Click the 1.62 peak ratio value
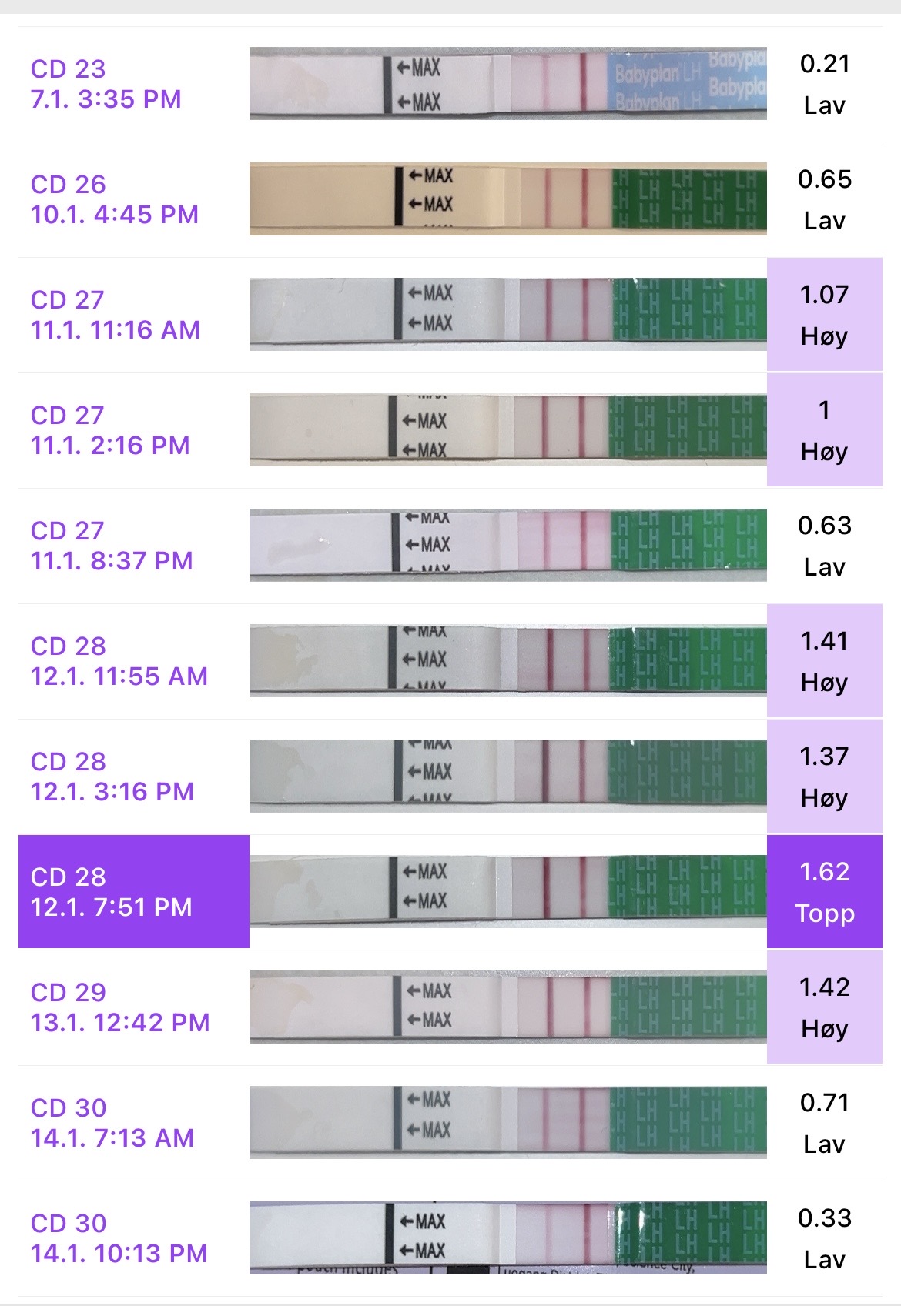(824, 871)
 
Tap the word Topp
(824, 913)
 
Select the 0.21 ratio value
(824, 63)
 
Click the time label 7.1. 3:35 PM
(106, 99)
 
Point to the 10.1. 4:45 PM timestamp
(114, 215)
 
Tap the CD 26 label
(68, 185)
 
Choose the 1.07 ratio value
(824, 294)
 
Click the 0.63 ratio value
(824, 525)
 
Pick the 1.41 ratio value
(824, 640)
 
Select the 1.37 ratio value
(824, 756)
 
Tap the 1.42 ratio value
(824, 987)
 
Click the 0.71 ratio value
(824, 1102)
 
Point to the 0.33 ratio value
(824, 1217)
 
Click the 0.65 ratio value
(824, 179)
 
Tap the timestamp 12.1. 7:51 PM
(111, 907)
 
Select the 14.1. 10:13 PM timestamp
(119, 1254)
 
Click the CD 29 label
(68, 993)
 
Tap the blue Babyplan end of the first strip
(687, 83)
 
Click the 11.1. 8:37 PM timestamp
(111, 561)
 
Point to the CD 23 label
(68, 69)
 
